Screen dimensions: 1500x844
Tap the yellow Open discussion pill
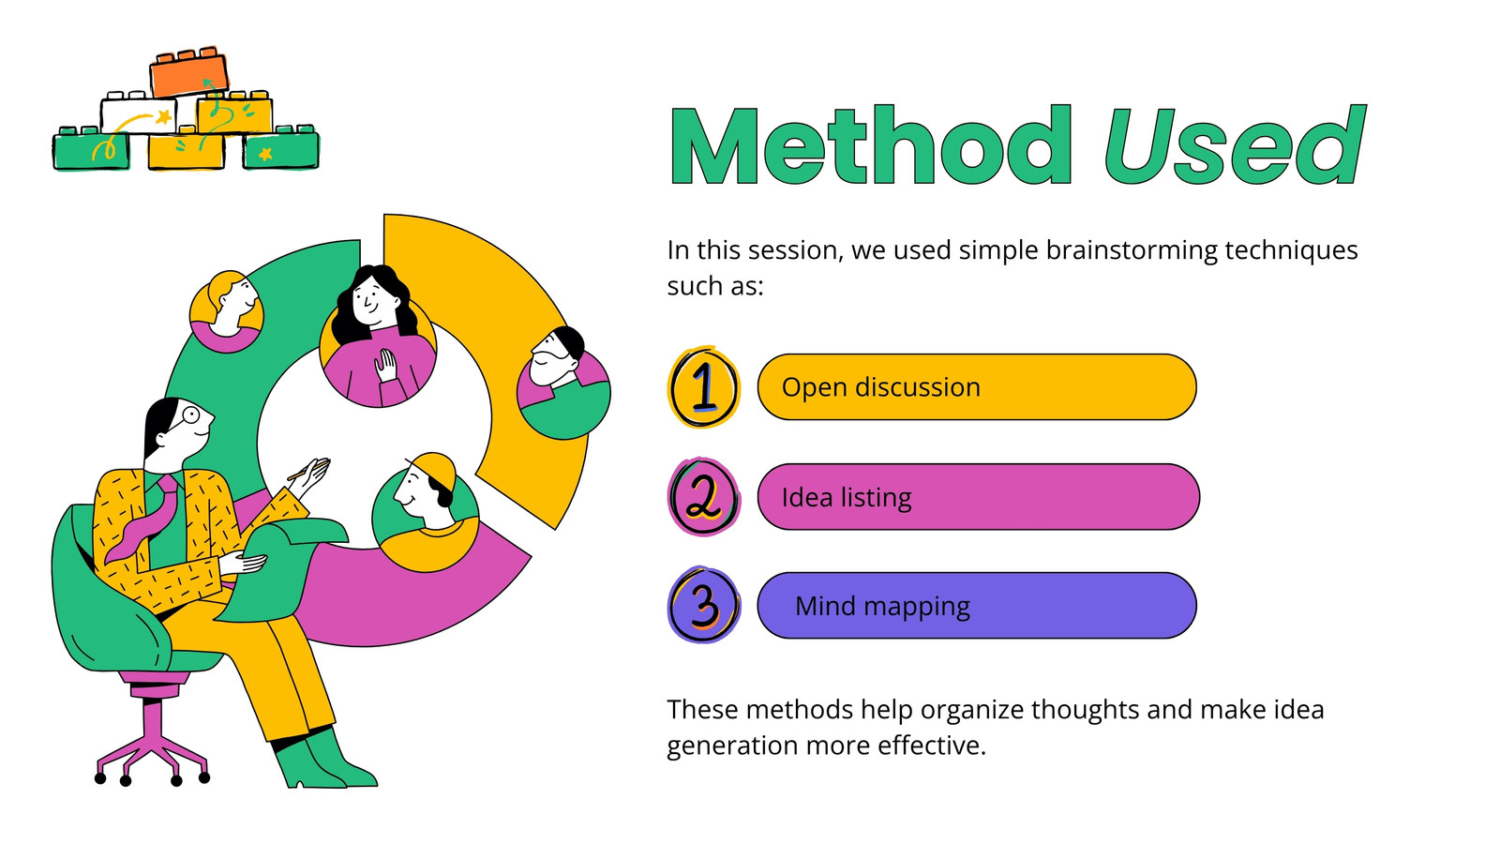coord(977,387)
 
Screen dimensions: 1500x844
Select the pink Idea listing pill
coord(979,497)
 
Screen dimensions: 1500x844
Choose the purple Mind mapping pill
coord(977,606)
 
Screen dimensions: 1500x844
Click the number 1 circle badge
coord(704,387)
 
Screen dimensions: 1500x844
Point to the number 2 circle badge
coord(704,497)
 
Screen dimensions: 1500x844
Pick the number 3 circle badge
coord(704,606)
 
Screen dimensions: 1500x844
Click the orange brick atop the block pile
coord(188,72)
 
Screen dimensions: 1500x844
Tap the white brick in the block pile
coord(140,113)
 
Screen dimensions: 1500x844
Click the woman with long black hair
coord(377,335)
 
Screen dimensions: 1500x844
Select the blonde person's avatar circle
coord(226,311)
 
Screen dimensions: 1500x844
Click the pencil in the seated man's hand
coord(308,468)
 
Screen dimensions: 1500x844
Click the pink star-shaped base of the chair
coord(153,744)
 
